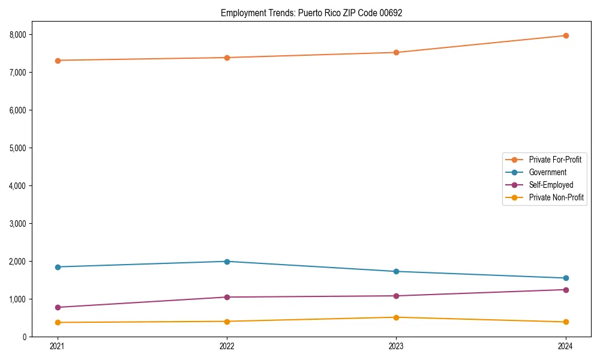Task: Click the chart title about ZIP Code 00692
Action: pyautogui.click(x=311, y=13)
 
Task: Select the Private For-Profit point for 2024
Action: pyautogui.click(x=565, y=35)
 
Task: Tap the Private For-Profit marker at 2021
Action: pyautogui.click(x=58, y=61)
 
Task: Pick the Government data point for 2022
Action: pyautogui.click(x=227, y=262)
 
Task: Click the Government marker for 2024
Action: pyautogui.click(x=565, y=278)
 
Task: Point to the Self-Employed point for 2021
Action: pyautogui.click(x=58, y=307)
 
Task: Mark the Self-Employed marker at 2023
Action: pyautogui.click(x=396, y=296)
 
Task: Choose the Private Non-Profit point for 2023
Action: pyautogui.click(x=396, y=317)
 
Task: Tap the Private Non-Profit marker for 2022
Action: pyautogui.click(x=227, y=322)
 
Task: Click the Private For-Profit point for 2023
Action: pyautogui.click(x=396, y=52)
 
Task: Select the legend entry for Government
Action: pyautogui.click(x=547, y=172)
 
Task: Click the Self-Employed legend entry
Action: pyautogui.click(x=551, y=185)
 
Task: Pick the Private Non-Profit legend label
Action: pyautogui.click(x=556, y=197)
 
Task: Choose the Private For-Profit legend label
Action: pyautogui.click(x=555, y=160)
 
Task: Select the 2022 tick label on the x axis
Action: pyautogui.click(x=227, y=346)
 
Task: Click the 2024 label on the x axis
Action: pyautogui.click(x=565, y=346)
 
